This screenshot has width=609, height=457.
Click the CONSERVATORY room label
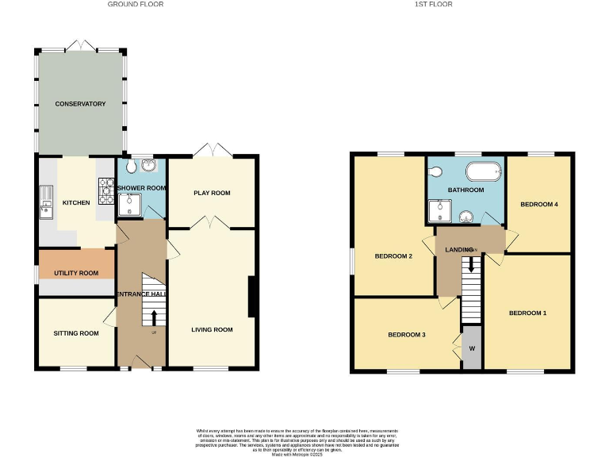pos(80,104)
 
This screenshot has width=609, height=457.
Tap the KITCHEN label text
pos(77,203)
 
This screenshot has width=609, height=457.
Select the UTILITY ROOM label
pos(76,273)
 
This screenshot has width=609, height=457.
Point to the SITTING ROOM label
pos(76,333)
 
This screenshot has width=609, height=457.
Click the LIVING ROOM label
pos(212,329)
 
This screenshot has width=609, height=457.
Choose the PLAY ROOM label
pos(212,193)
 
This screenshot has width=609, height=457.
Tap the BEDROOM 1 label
pos(527,313)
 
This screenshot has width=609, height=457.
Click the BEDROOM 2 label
pos(393,255)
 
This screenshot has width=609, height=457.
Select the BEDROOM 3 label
pos(407,335)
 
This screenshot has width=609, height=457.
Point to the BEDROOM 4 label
pos(539,204)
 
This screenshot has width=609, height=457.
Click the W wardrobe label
pos(472,348)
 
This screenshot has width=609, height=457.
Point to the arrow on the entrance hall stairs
pos(154,317)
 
